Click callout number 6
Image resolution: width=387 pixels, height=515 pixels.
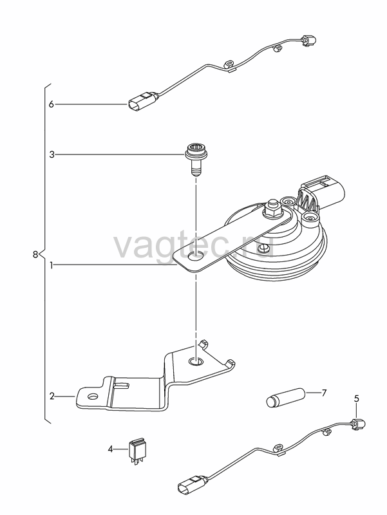[51, 104]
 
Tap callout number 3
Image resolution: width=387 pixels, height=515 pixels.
[52, 154]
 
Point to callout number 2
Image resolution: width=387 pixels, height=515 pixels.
[52, 397]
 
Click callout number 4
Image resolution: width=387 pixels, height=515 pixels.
[110, 449]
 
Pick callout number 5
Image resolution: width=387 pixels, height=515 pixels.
[357, 398]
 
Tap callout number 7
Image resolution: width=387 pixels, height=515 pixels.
[324, 393]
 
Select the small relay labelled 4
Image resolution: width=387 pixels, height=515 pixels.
[137, 450]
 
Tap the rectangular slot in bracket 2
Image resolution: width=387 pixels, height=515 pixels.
[122, 384]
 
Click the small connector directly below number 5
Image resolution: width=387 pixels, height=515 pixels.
[357, 424]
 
